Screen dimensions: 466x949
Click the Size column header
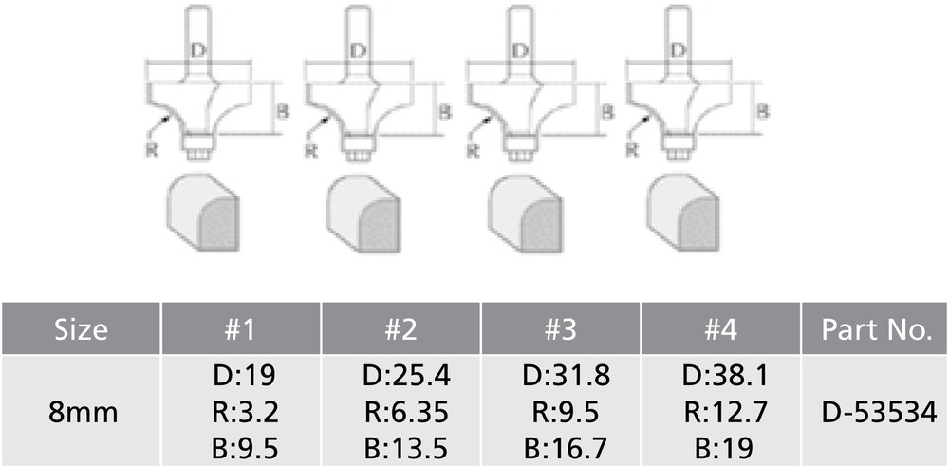81,330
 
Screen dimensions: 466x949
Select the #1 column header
241,330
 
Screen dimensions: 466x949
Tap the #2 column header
401,330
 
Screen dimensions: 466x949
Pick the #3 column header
562,330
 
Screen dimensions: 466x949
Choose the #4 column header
722,330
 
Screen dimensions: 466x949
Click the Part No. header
875,330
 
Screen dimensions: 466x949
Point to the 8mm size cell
81,412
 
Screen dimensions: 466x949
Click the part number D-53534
875,412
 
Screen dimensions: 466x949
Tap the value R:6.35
401,412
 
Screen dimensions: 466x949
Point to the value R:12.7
722,412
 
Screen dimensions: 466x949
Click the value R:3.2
241,412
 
